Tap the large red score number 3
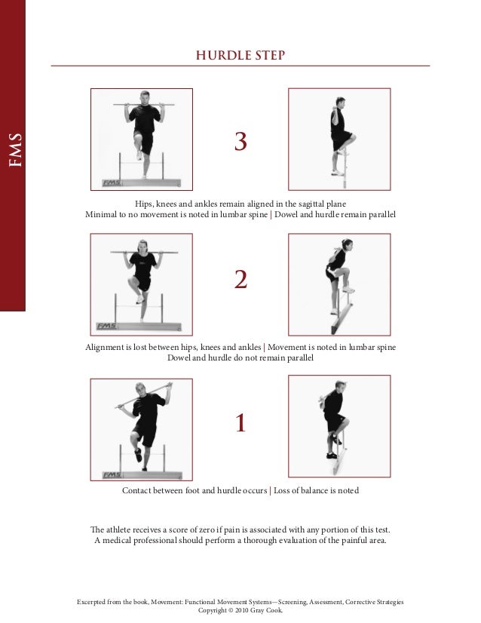pyautogui.click(x=240, y=141)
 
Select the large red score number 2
pyautogui.click(x=240, y=279)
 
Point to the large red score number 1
pyautogui.click(x=240, y=422)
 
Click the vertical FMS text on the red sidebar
pyautogui.click(x=15, y=150)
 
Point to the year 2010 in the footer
pyautogui.click(x=241, y=610)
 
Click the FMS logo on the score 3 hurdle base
pyautogui.click(x=112, y=183)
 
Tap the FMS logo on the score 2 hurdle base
pyautogui.click(x=106, y=326)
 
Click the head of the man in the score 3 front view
pyautogui.click(x=145, y=97)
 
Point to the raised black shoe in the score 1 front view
pyautogui.click(x=138, y=455)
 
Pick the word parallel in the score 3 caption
pyautogui.click(x=382, y=214)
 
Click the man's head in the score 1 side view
pyautogui.click(x=340, y=387)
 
